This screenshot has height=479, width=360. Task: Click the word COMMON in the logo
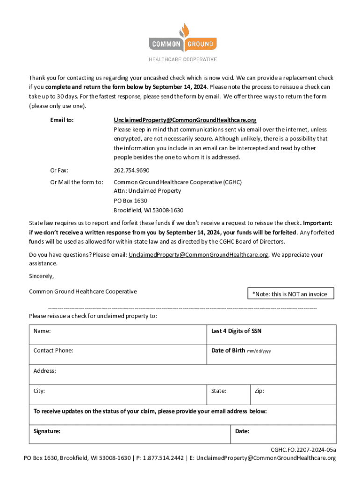166,44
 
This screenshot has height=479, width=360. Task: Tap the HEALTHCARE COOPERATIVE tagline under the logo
183,59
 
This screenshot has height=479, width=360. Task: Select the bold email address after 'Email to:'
185,120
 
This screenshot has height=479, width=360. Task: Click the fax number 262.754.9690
131,170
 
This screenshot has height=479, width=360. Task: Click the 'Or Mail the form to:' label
77,182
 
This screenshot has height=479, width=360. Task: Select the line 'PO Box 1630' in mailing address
130,201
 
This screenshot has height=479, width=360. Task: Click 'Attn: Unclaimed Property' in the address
147,191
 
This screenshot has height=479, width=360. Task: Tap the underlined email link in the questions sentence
198,255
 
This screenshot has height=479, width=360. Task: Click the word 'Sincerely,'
41,276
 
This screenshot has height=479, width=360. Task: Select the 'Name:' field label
42,331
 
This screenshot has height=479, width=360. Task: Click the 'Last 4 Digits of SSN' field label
236,331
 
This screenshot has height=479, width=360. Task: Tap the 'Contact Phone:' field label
53,350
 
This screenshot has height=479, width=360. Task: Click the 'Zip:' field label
259,391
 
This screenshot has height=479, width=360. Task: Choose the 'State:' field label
219,391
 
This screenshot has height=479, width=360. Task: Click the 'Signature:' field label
47,431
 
